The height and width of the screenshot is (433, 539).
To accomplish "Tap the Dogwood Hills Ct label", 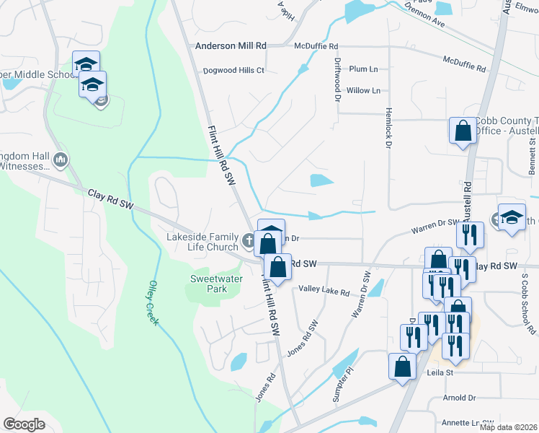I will [234, 71].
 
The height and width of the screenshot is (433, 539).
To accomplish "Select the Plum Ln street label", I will [364, 69].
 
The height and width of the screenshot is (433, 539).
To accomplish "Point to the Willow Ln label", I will [362, 91].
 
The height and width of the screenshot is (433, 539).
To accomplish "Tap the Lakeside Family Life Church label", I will [202, 241].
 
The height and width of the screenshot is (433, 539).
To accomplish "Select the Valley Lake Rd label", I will [324, 292].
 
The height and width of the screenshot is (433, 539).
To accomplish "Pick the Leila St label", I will [438, 373].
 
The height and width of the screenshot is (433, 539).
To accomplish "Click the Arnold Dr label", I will [460, 398].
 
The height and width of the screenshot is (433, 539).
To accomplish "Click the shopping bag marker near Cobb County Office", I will [463, 131].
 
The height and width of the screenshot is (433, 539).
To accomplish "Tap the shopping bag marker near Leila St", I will [401, 367].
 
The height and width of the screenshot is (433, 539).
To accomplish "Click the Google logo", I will [24, 424].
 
